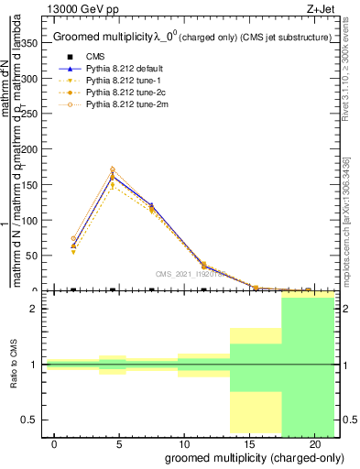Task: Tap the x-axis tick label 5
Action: pyautogui.click(x=119, y=444)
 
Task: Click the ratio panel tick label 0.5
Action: pyautogui.click(x=31, y=420)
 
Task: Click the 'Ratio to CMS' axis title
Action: pyautogui.click(x=15, y=365)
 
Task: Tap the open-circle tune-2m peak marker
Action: pyautogui.click(x=113, y=169)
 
